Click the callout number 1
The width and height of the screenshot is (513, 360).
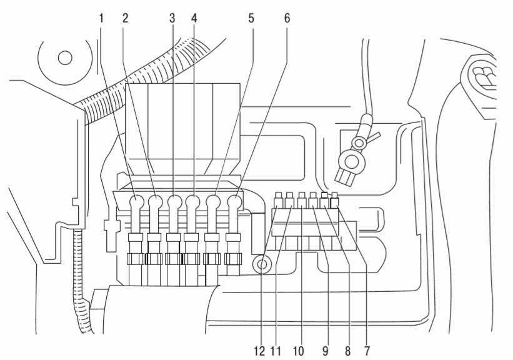pos(101,19)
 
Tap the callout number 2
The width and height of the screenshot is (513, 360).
pos(125,19)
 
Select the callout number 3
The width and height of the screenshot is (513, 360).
pos(172,19)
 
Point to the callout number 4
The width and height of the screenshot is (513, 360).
pos(194,19)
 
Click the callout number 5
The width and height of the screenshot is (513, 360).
pos(251,19)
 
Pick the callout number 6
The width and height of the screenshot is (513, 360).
pos(287,19)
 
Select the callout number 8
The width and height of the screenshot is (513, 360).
pos(347,351)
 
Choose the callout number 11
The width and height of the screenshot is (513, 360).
pos(276,351)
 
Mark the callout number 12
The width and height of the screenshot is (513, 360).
pos(259,351)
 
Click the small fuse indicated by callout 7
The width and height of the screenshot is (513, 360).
pos(335,199)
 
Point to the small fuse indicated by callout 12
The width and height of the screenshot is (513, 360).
pos(278,201)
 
